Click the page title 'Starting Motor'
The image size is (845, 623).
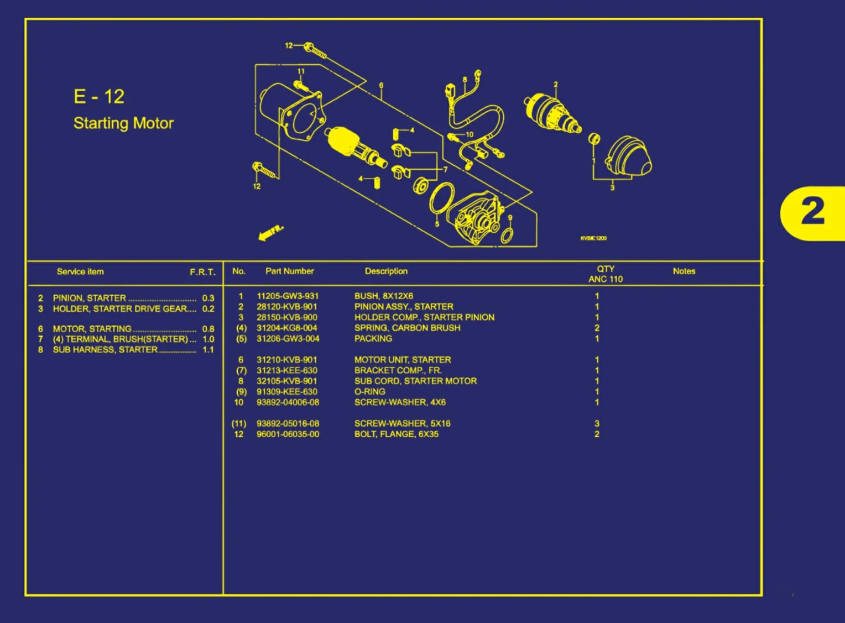123,123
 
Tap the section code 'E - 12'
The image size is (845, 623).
99,97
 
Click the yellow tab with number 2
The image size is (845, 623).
812,213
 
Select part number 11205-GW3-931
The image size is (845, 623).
287,296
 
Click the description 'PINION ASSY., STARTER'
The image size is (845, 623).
404,307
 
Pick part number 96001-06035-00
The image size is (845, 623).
288,434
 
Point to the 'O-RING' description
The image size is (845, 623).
369,392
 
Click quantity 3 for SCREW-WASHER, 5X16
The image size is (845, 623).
597,424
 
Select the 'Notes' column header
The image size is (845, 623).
684,271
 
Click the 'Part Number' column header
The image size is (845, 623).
289,271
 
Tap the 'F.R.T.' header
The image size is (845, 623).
202,272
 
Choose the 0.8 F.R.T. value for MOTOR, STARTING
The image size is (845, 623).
208,329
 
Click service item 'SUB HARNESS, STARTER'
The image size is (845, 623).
105,350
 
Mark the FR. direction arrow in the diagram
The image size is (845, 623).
270,233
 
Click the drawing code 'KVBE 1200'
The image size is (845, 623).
593,238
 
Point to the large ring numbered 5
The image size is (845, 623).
442,198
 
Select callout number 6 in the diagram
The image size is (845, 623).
381,86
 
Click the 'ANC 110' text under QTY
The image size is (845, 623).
605,279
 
